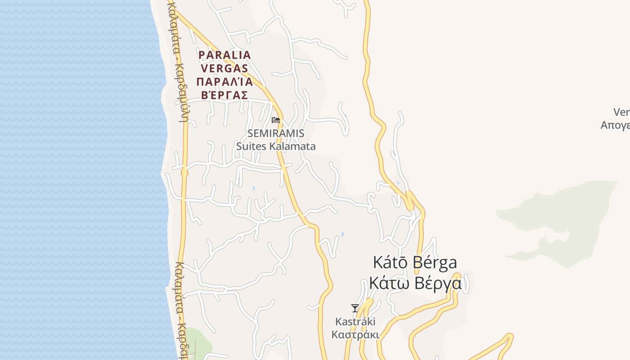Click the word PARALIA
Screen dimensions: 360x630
tap(225, 55)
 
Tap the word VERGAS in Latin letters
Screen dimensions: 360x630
tap(225, 68)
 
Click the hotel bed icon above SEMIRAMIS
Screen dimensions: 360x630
tap(276, 120)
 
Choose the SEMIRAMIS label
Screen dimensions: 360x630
tap(276, 134)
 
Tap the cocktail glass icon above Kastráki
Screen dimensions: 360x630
tap(355, 308)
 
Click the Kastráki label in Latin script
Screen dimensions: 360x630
tap(355, 322)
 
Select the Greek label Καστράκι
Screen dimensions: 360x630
tap(355, 335)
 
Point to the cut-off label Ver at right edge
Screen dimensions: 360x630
tap(621, 112)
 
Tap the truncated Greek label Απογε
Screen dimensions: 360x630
tap(615, 125)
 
